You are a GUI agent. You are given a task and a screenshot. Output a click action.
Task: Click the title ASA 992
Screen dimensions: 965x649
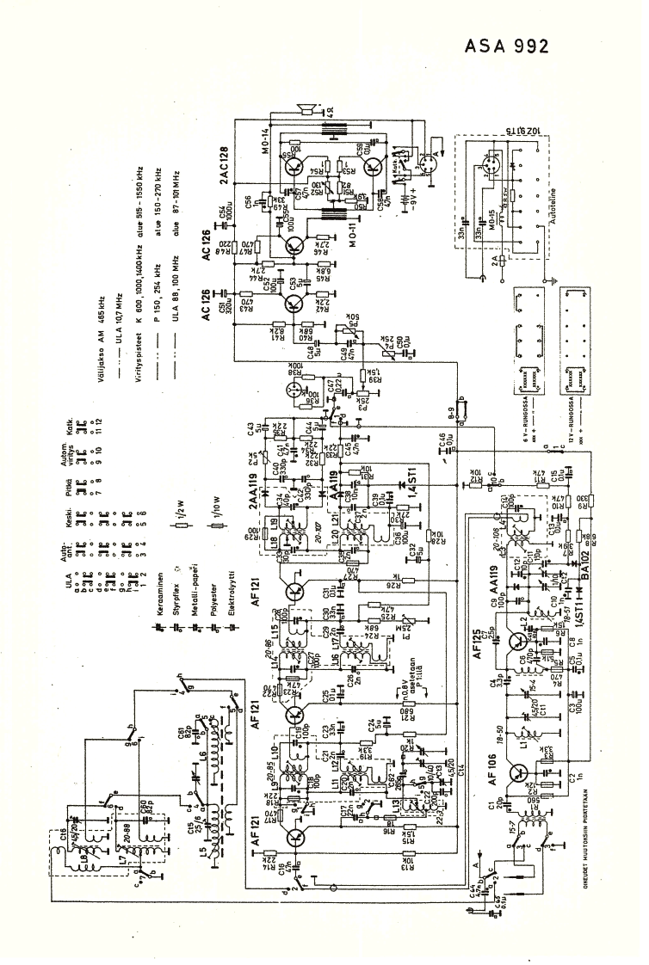pyautogui.click(x=506, y=46)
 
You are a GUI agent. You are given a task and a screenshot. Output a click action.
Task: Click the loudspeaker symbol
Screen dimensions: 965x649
pyautogui.click(x=304, y=108)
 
